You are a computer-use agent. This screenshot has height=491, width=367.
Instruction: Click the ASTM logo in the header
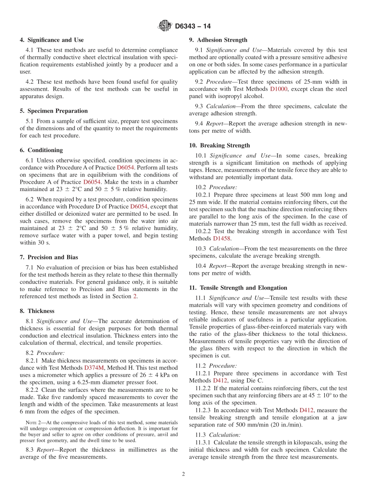pos(165,26)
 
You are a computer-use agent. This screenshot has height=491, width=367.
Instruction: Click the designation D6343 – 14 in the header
pos(193,26)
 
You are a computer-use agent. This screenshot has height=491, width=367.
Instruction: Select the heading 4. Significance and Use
pos(52,40)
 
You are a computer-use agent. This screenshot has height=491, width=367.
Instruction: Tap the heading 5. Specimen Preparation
pos(54,111)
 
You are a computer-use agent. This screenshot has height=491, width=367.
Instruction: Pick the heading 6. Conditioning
pos(41,150)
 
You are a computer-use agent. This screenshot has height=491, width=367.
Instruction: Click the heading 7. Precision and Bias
pos(49,257)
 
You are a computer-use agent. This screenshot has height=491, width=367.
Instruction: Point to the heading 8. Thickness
pos(37,311)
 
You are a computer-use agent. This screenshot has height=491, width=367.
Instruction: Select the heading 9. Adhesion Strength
pos(218,40)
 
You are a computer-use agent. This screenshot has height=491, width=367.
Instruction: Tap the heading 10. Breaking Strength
pos(219,146)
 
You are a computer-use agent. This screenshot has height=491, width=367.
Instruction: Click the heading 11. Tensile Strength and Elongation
pos(238,288)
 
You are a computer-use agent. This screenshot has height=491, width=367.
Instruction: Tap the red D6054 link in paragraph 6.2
pos(139,207)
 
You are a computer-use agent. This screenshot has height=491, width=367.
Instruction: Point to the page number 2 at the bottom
pos(183,474)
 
